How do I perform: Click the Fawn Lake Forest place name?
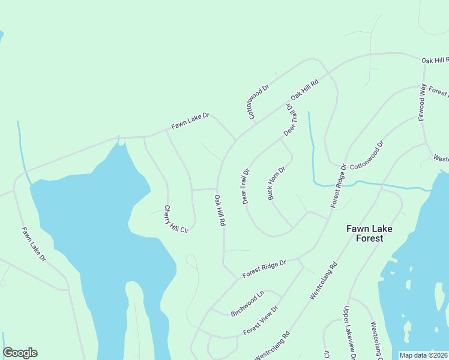[x=365, y=233]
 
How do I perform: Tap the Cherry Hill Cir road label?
[x=176, y=219]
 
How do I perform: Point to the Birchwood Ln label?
[x=247, y=304]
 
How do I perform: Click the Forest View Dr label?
[x=261, y=321]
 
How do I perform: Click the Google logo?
[x=20, y=353]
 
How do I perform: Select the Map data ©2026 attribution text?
[x=423, y=355]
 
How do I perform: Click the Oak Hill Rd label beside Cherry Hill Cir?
[x=220, y=210]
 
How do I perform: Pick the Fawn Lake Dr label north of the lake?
[x=190, y=121]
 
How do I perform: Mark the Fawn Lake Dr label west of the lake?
[x=33, y=244]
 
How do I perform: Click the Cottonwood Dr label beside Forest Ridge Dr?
[x=366, y=155]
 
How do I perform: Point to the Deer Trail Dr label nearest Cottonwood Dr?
[x=290, y=119]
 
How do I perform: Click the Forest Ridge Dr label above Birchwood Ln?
[x=264, y=269]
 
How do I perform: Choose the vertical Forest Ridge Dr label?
[x=339, y=186]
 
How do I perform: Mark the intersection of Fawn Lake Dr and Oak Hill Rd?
[x=235, y=140]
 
